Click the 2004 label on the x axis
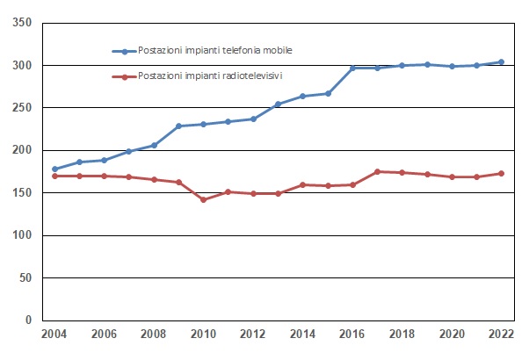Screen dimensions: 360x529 pyautogui.click(x=54, y=335)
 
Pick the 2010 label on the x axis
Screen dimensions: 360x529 pyautogui.click(x=204, y=335)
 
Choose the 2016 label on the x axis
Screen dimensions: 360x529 pyautogui.click(x=352, y=335)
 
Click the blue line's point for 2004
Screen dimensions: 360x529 pyautogui.click(x=54, y=169)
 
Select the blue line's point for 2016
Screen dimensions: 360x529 pyautogui.click(x=352, y=68)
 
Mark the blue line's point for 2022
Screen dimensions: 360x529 pyautogui.click(x=502, y=62)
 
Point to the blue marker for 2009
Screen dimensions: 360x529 pyautogui.click(x=178, y=126)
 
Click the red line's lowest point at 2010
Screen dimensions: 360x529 pyautogui.click(x=204, y=200)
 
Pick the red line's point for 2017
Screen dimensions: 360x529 pyautogui.click(x=378, y=172)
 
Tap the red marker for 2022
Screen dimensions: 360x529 pyautogui.click(x=502, y=174)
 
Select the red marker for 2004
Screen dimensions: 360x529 pyautogui.click(x=54, y=176)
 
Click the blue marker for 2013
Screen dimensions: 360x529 pyautogui.click(x=278, y=104)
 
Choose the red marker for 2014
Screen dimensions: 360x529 pyautogui.click(x=303, y=185)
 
